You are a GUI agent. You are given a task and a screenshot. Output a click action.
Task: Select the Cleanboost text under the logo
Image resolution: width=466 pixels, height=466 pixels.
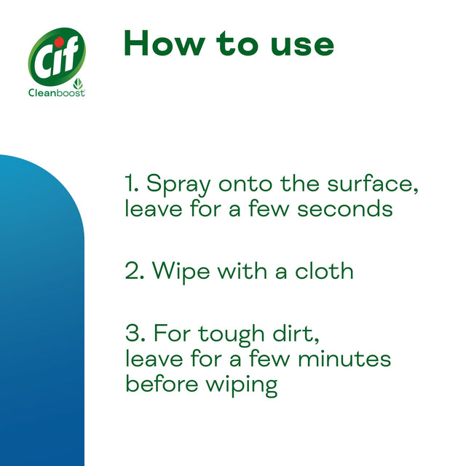click(x=56, y=93)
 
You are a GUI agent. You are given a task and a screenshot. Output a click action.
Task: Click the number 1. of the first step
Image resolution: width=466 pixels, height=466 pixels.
click(x=132, y=183)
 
